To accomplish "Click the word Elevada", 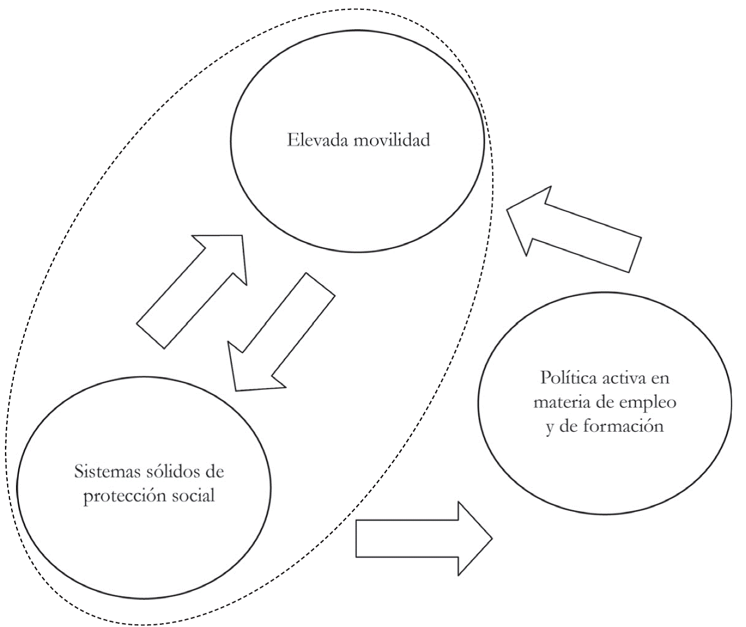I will pyautogui.click(x=317, y=139).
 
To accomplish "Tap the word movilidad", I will pyautogui.click(x=391, y=139).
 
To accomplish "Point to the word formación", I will pyautogui.click(x=629, y=426).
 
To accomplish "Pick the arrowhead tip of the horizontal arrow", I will pyautogui.click(x=490, y=539).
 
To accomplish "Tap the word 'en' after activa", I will pyautogui.click(x=660, y=378).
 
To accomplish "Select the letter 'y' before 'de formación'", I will pyautogui.click(x=549, y=427).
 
